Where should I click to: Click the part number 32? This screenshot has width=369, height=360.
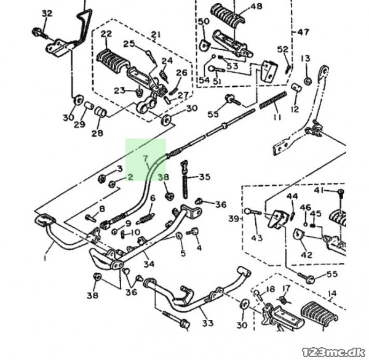(47, 13)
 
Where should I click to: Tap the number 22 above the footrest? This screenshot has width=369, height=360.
(107, 34)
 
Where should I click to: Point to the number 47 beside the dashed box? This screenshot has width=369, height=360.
(303, 32)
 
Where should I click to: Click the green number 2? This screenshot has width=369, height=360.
(130, 177)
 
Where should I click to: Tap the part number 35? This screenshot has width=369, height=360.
(205, 177)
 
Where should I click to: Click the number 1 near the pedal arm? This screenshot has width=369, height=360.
(45, 258)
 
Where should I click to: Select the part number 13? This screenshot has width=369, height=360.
(306, 58)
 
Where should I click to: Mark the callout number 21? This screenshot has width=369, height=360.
(155, 34)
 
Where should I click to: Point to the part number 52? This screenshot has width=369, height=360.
(283, 49)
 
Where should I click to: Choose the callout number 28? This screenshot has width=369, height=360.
(97, 133)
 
